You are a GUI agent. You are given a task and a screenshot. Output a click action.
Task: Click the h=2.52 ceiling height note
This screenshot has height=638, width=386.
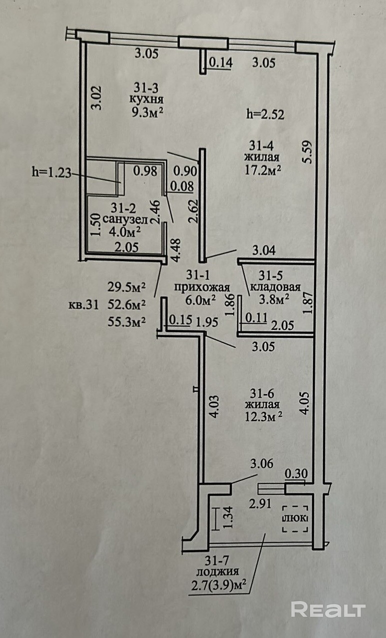click(265, 115)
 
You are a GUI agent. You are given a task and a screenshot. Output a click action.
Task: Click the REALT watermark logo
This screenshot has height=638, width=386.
click(328, 609)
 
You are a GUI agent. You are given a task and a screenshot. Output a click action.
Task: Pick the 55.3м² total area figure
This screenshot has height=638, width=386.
click(126, 322)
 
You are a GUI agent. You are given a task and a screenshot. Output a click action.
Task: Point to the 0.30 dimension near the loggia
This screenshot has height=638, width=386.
click(296, 473)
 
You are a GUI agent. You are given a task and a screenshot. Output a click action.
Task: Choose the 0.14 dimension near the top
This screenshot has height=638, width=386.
click(220, 63)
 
